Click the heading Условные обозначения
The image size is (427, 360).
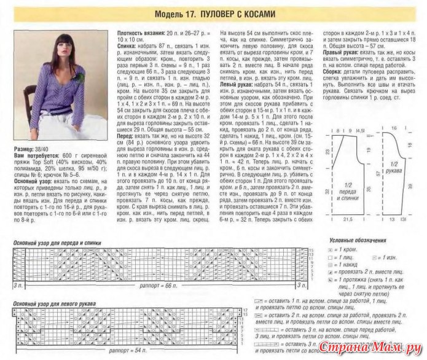click(353, 239)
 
